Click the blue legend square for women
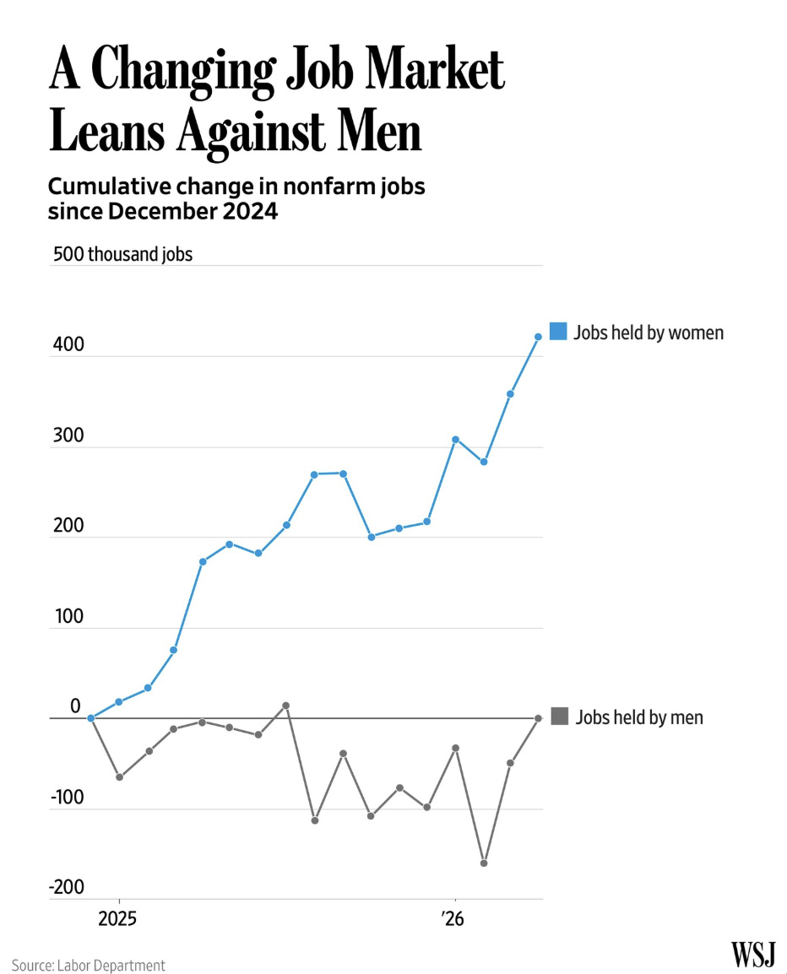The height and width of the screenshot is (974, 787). point(558,331)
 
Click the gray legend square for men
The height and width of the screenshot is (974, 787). point(560,717)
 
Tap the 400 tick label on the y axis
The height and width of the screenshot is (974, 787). point(68,344)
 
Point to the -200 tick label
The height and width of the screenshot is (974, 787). point(67,887)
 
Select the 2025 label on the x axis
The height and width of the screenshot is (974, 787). point(117,918)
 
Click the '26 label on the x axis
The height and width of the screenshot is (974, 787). point(453,918)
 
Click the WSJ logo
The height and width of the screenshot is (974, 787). point(753,954)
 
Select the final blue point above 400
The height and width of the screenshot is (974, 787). point(539,337)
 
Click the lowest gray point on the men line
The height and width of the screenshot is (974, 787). point(484,863)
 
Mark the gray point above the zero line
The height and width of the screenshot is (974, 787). point(286,706)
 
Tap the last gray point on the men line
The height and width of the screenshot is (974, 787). point(539,718)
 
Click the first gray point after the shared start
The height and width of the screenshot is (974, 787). point(119,777)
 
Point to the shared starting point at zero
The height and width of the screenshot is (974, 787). point(90,718)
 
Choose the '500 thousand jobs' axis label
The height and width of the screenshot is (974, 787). point(122,254)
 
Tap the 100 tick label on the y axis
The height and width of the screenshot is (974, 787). point(68,616)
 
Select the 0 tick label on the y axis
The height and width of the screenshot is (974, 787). point(75,706)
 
